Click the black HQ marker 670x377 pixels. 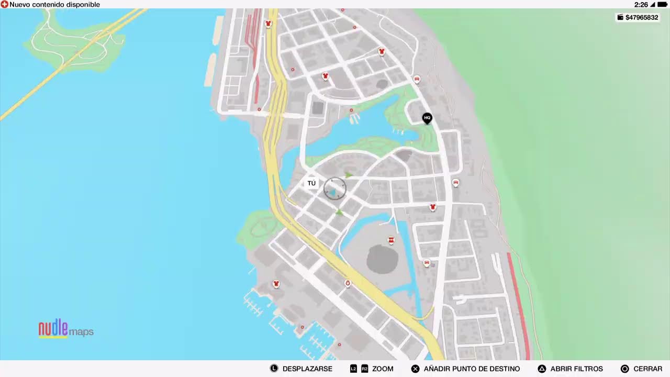(427, 118)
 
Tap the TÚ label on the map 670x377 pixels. (311, 183)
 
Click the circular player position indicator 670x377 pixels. (334, 188)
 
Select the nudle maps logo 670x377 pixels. (66, 329)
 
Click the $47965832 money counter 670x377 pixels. (638, 17)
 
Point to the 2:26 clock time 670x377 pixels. (641, 5)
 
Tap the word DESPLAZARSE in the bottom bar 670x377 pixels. (307, 369)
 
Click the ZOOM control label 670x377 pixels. (383, 369)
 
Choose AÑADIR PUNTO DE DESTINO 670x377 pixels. (472, 369)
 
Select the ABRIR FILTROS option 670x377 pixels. (576, 369)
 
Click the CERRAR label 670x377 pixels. (647, 369)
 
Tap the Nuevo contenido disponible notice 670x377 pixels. (54, 5)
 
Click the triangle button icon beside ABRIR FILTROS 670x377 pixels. (542, 369)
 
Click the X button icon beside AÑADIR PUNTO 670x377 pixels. (415, 369)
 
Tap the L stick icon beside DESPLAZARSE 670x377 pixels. (274, 369)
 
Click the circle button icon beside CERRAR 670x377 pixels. (624, 369)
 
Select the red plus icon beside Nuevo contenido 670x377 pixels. (4, 5)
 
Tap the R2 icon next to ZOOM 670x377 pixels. (364, 369)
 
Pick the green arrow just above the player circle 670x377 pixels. (348, 174)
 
